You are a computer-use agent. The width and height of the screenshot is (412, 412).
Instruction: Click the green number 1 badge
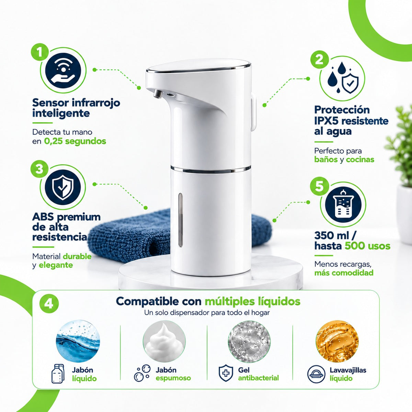(x=39, y=53)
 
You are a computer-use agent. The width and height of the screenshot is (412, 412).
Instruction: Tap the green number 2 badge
(x=319, y=59)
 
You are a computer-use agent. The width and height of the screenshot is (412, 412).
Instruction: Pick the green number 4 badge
(x=49, y=304)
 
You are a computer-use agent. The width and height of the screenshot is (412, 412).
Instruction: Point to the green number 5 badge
(x=319, y=186)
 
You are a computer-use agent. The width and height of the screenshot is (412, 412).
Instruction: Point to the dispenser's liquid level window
(x=181, y=220)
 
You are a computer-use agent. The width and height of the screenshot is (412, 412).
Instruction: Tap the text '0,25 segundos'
(x=75, y=141)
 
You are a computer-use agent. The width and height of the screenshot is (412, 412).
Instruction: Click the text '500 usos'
(x=367, y=246)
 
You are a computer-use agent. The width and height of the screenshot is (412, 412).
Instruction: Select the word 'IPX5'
(x=326, y=121)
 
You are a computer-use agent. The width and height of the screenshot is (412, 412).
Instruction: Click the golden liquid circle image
(x=337, y=341)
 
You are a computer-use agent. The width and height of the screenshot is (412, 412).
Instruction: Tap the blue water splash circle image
(x=78, y=341)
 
